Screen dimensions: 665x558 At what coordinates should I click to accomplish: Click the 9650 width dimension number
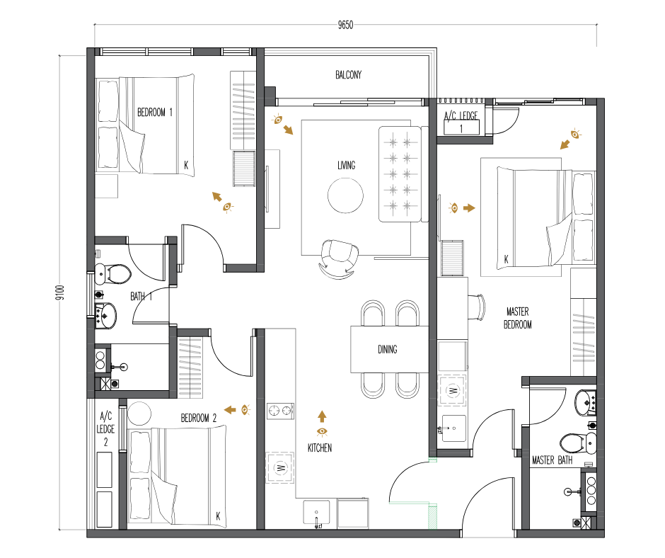(x=345, y=25)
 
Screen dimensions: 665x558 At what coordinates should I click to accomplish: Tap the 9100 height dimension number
(x=60, y=292)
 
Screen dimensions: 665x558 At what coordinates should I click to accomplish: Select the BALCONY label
(x=348, y=75)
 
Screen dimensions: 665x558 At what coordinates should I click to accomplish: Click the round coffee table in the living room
(x=345, y=195)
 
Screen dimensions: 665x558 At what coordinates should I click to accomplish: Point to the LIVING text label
(x=346, y=165)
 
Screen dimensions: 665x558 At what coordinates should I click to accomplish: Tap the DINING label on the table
(x=387, y=350)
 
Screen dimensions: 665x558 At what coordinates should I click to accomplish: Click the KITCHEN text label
(x=319, y=448)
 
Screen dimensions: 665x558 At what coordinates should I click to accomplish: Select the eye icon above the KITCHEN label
(x=322, y=432)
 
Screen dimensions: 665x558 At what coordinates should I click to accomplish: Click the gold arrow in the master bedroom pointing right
(x=469, y=208)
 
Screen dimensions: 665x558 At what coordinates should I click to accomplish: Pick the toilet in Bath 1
(x=112, y=273)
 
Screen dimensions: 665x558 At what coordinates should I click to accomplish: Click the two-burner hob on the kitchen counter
(x=280, y=411)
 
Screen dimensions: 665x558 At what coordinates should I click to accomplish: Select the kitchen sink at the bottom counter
(x=316, y=513)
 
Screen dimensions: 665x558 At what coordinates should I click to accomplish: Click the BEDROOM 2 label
(x=199, y=418)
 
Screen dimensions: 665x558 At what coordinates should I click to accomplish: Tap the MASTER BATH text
(x=553, y=460)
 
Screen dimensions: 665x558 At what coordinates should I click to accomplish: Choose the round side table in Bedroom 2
(x=139, y=414)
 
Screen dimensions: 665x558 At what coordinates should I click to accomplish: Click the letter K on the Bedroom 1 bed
(x=186, y=165)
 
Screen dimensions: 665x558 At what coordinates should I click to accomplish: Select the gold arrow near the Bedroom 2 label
(x=230, y=410)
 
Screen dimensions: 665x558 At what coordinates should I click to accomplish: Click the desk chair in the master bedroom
(x=477, y=307)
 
